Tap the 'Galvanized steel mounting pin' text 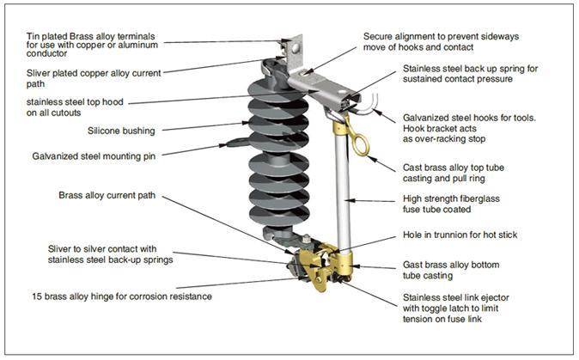click(94, 157)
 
